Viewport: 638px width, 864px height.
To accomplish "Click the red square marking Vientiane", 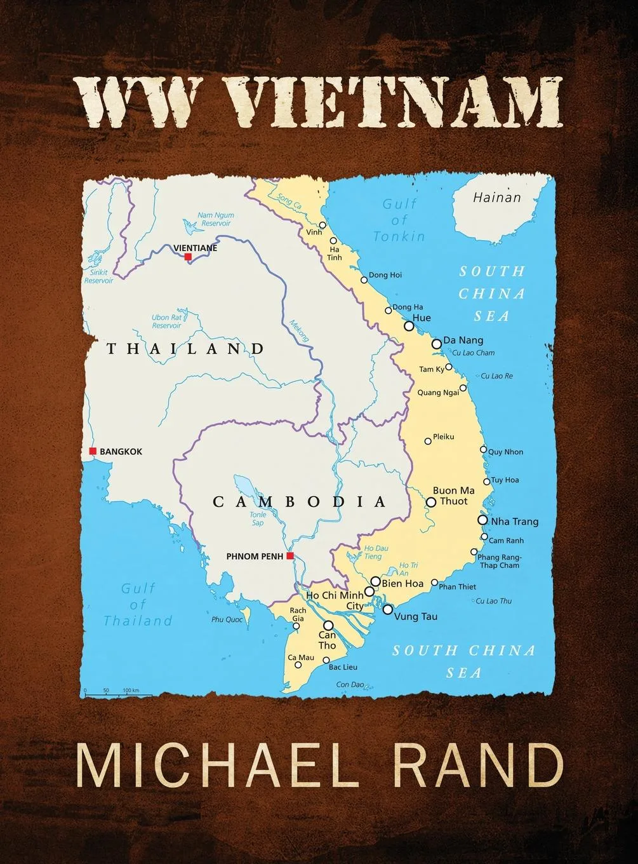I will pos(187,257).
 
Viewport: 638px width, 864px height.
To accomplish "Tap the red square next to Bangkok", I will pos(93,451).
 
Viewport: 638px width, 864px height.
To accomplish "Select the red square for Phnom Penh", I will pos(289,557).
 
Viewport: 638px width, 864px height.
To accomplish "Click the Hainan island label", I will pos(496,198).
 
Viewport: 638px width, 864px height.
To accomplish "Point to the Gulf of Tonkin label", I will pos(399,220).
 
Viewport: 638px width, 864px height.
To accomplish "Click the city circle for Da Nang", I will pos(437,344).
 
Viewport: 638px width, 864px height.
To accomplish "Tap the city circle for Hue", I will pos(409,326).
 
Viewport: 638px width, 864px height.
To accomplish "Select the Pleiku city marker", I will pos(428,441).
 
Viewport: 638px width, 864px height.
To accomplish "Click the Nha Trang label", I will pos(514,522).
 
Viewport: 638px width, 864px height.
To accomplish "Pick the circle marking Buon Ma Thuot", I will pos(431,502).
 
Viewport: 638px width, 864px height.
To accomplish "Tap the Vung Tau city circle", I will pos(387,609).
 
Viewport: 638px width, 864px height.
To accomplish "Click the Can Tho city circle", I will pos(328,625).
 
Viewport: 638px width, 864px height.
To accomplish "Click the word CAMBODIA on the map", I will pos(299,502).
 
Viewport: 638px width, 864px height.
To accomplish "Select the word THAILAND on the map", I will pos(185,348).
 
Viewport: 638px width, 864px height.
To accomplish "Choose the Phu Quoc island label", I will pos(227,619).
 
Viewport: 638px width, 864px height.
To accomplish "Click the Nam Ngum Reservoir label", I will pos(216,219).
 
